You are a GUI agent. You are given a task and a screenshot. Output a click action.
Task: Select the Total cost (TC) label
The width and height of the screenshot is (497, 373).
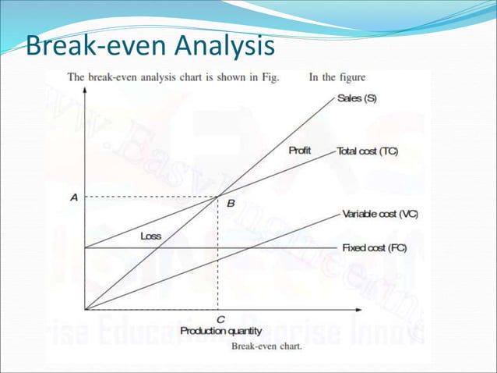click(367, 151)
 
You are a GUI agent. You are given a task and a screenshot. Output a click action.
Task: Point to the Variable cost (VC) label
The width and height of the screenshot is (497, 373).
click(379, 214)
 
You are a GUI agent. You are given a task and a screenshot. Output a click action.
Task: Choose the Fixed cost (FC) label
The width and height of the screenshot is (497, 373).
click(374, 248)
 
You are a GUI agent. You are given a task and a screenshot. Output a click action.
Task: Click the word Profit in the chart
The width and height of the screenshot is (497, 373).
click(301, 150)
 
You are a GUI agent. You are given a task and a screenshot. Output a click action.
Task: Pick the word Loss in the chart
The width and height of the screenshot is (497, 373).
click(150, 236)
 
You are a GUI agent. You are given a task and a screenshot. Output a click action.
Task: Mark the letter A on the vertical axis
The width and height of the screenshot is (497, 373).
click(73, 197)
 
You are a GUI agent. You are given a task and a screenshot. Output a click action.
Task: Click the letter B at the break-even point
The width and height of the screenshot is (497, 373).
click(230, 204)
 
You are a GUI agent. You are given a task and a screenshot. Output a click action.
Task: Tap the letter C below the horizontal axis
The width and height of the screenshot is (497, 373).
click(221, 319)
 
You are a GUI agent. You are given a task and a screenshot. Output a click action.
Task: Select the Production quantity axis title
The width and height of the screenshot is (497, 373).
click(221, 331)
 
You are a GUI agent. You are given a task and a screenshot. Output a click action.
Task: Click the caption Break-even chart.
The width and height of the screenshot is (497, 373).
click(267, 347)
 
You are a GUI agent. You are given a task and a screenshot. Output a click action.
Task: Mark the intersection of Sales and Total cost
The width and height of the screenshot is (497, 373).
click(217, 197)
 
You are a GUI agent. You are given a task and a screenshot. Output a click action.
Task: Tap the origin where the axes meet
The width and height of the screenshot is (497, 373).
click(86, 309)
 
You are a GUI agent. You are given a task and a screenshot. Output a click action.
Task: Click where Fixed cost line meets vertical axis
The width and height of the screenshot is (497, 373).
click(86, 248)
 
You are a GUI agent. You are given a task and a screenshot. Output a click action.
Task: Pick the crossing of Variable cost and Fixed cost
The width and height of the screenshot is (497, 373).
click(247, 248)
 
